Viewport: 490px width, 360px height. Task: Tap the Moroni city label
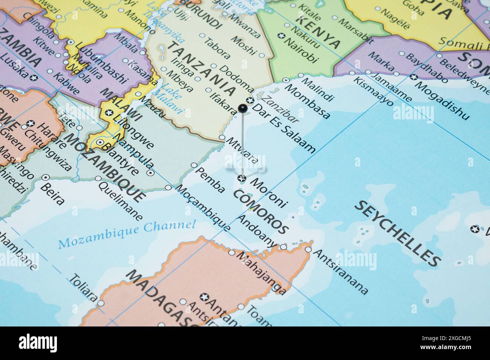268,194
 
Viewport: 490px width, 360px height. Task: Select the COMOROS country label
261,212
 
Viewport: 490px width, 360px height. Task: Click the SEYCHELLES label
398,233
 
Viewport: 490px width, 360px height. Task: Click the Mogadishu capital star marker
414,77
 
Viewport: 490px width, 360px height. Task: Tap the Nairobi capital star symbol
280,36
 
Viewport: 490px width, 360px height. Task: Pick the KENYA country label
318,32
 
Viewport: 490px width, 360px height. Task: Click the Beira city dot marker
46,177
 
